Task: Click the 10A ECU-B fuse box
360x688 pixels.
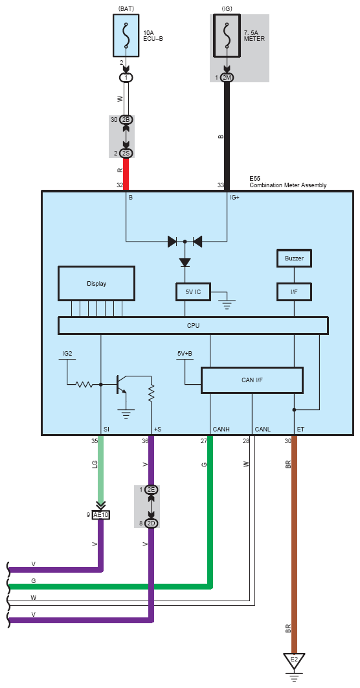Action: pos(127,35)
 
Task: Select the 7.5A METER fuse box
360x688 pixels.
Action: pos(227,36)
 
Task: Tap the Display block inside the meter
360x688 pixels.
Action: pos(96,284)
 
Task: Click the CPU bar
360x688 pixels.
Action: pos(193,325)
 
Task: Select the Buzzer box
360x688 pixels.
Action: pos(294,258)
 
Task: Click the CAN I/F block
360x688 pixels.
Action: pos(252,380)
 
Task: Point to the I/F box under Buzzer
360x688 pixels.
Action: pos(294,292)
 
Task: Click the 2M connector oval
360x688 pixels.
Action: pos(227,78)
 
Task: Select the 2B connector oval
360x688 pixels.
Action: pos(126,120)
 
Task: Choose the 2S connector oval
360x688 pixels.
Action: pos(126,153)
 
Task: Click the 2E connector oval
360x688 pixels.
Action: pos(152,490)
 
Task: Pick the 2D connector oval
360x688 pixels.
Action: pos(152,523)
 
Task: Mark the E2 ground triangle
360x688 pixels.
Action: pos(294,660)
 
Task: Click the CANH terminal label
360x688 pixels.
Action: pos(221,429)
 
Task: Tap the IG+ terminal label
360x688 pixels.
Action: pos(234,198)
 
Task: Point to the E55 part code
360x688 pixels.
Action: pos(254,179)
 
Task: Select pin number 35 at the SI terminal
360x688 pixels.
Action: pos(95,441)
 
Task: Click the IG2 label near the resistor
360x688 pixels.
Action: pos(67,353)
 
